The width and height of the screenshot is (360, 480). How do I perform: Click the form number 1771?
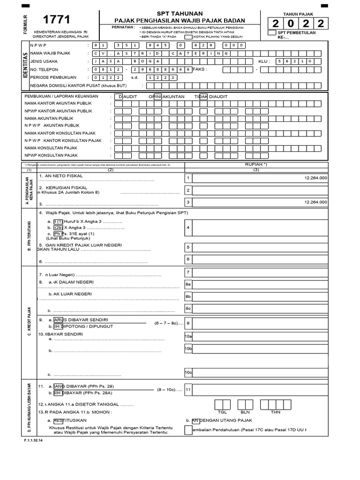(x=57, y=20)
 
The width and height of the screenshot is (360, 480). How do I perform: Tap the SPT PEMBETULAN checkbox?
(x=271, y=33)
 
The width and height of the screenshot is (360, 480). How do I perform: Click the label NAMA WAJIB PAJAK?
(x=50, y=53)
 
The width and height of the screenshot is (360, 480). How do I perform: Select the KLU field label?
(x=264, y=61)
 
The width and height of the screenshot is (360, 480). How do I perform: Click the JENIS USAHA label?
(x=45, y=61)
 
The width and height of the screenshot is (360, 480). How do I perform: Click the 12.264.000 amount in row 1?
(x=315, y=179)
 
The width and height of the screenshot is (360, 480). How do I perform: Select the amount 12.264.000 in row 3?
(x=315, y=202)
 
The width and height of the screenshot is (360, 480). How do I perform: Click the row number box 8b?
(x=188, y=296)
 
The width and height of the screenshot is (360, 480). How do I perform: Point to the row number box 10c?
(x=188, y=372)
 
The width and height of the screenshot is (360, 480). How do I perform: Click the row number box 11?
(x=188, y=389)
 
